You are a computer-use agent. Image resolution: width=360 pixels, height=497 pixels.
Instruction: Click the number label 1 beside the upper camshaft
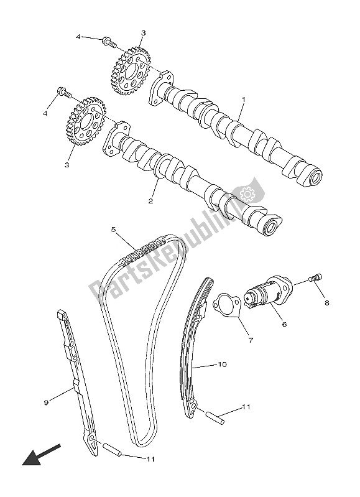pyautogui.click(x=244, y=100)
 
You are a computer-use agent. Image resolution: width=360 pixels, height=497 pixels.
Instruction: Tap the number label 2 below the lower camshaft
pyautogui.click(x=150, y=202)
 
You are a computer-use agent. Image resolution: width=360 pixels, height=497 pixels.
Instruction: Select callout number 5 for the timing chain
pyautogui.click(x=114, y=229)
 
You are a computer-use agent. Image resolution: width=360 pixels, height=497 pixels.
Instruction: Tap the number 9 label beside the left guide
pyautogui.click(x=46, y=402)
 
